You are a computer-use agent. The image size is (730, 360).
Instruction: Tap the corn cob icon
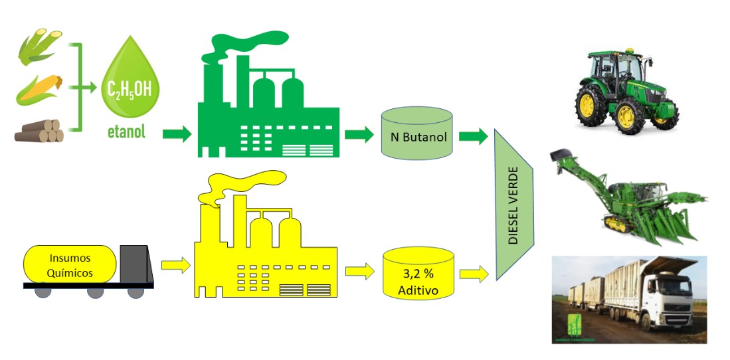pyautogui.click(x=39, y=90)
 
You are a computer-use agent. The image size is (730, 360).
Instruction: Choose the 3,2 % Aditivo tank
pyautogui.click(x=419, y=274)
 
